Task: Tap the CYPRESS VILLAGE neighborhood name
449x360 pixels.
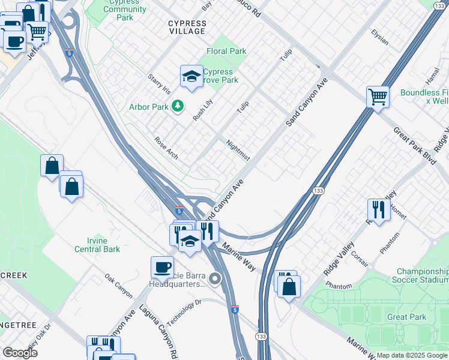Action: [187, 28]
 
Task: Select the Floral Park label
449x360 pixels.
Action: [226, 52]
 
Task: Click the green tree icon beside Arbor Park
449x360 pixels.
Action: [177, 106]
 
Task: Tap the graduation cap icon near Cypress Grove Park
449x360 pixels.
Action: [191, 76]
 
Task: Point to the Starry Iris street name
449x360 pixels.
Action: [160, 85]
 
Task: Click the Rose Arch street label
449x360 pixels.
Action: [166, 148]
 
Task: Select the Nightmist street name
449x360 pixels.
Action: [238, 150]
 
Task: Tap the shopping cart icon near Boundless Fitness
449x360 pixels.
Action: [378, 96]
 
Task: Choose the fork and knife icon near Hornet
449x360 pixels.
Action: [378, 209]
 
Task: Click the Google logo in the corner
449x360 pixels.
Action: [20, 353]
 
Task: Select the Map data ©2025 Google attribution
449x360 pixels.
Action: [411, 355]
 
